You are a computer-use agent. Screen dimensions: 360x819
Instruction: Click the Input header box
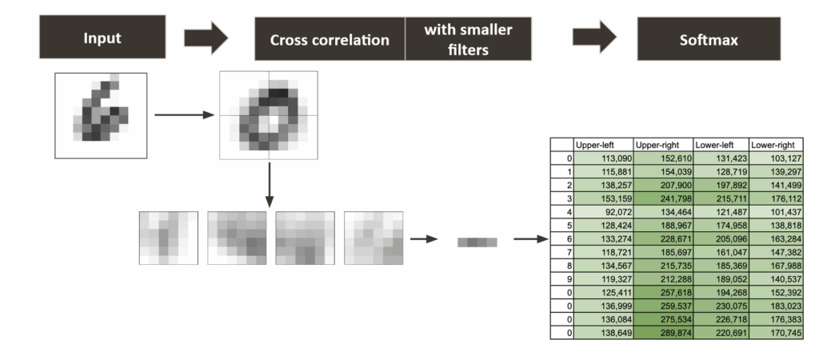[x=102, y=38]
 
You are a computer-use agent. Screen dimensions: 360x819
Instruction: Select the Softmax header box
[x=708, y=38]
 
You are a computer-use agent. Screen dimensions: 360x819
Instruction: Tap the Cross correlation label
[x=330, y=39]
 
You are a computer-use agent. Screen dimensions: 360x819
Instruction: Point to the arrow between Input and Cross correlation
[x=206, y=38]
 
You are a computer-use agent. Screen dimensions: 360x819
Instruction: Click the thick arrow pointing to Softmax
[x=596, y=38]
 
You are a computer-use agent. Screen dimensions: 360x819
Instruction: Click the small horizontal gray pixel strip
[x=477, y=241]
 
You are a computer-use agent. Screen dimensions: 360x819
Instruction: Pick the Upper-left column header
[x=602, y=144]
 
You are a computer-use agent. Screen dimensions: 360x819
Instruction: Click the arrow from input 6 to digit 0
[x=184, y=115]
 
